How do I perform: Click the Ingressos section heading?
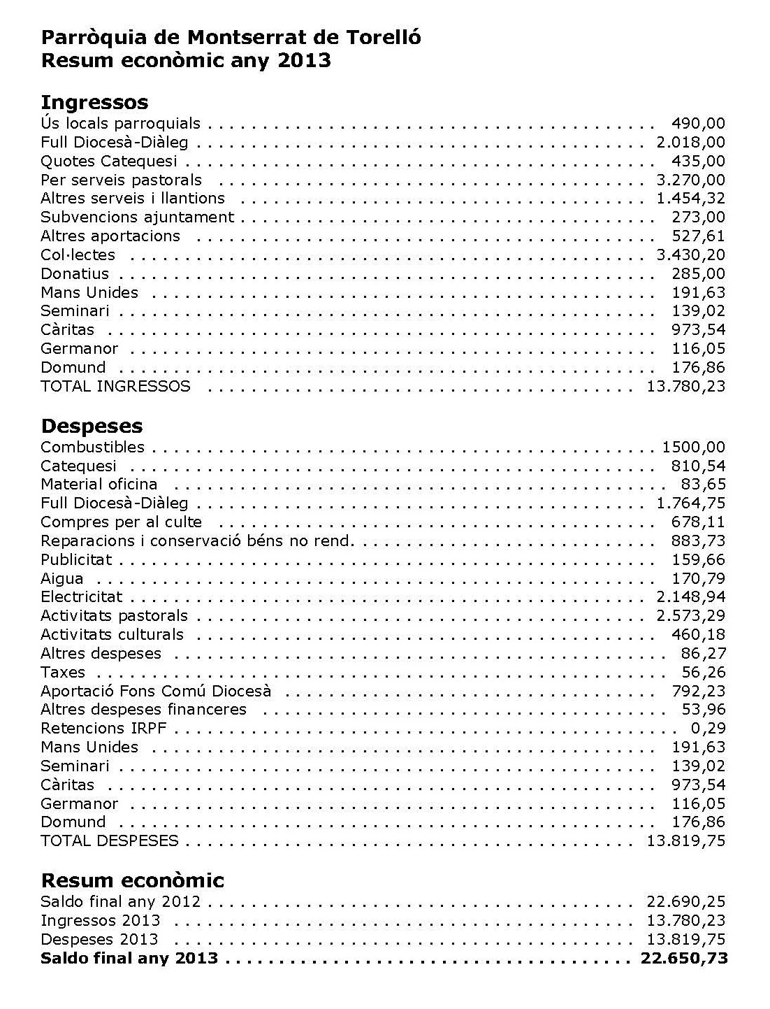tap(94, 102)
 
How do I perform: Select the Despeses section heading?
tap(92, 426)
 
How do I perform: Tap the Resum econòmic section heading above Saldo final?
tap(132, 880)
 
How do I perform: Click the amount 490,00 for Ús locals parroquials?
tap(698, 124)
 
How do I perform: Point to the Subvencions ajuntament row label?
tap(137, 217)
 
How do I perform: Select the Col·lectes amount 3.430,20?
tap(690, 255)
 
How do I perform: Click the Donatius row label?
tap(75, 274)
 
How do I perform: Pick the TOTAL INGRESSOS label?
tap(115, 387)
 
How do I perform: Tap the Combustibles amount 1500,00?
tap(693, 448)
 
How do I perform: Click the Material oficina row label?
tap(99, 485)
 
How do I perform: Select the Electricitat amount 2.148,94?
tap(690, 597)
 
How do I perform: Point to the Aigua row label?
tap(61, 579)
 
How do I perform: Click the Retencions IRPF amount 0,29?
tap(710, 729)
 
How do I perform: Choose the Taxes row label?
tap(63, 673)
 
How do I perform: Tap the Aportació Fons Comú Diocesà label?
tap(156, 692)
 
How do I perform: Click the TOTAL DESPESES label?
tap(109, 841)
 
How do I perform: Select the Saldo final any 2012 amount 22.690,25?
tap(686, 902)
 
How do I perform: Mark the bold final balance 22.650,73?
tap(684, 959)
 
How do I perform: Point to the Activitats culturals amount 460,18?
tap(698, 635)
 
